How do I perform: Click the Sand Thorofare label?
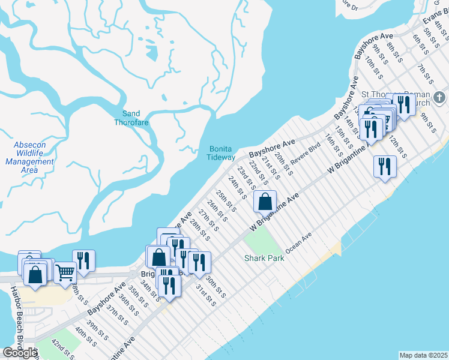point(131,118)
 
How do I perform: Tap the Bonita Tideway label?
point(222,153)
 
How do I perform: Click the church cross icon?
point(439,97)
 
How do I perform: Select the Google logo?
point(20,353)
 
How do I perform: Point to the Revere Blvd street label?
point(307,153)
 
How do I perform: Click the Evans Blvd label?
point(433,19)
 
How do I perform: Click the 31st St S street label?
point(205,295)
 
